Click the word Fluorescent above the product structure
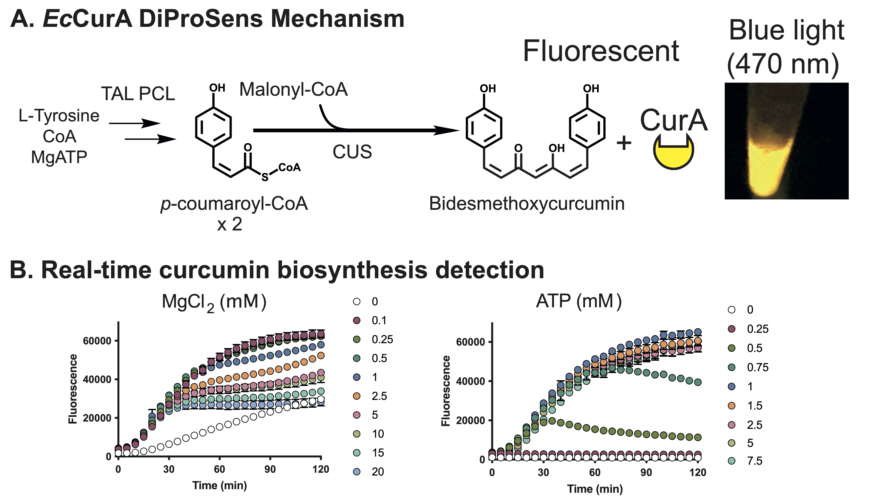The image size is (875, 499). click(x=601, y=51)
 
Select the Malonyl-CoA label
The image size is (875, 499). click(x=293, y=90)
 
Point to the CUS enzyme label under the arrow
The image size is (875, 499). click(x=352, y=152)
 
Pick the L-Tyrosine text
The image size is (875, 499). click(x=59, y=116)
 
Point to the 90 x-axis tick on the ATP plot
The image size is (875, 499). click(x=646, y=473)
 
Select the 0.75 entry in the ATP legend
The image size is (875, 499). click(x=758, y=367)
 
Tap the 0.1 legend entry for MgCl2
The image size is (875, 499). click(x=379, y=320)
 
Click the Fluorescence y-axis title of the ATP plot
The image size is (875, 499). click(x=445, y=391)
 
